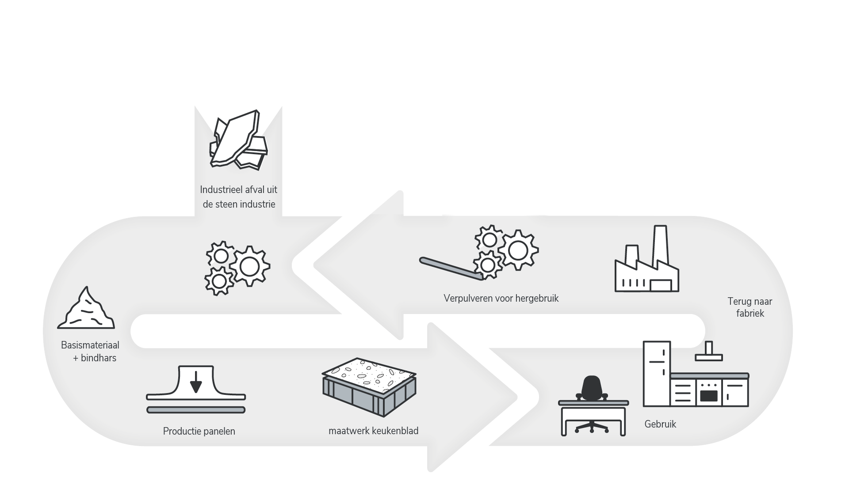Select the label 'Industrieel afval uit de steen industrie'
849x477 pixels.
[239, 197]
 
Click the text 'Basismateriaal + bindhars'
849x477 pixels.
[90, 352]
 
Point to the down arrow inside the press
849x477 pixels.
[195, 382]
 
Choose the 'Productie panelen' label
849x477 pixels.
[199, 431]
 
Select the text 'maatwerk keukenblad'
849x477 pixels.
[373, 431]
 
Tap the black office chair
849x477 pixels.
[592, 389]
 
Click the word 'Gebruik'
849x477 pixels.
[660, 424]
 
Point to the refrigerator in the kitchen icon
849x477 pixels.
[657, 373]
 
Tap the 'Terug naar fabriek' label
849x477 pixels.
[750, 307]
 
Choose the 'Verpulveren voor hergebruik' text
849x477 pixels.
[501, 299]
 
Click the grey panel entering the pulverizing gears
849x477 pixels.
[449, 267]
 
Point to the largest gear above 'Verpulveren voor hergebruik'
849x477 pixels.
[518, 250]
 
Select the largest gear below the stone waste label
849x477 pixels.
[249, 266]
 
